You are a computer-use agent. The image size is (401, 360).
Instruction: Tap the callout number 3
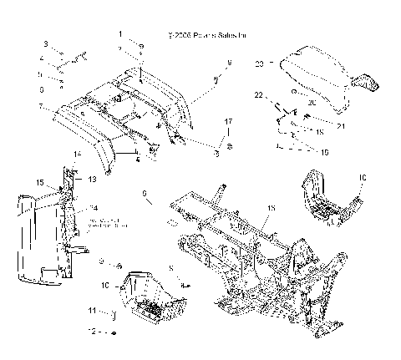[48, 43]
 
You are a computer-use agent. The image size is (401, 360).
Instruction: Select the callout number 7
[39, 106]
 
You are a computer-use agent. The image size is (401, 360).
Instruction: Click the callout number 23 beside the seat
[259, 63]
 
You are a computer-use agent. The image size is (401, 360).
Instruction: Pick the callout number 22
[259, 94]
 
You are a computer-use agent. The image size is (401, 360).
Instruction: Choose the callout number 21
[317, 125]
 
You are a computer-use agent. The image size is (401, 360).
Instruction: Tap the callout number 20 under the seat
[312, 103]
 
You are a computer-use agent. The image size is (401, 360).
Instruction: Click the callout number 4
[41, 59]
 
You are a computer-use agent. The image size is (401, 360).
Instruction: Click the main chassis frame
[251, 251]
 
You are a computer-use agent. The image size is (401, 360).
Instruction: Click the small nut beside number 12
[114, 332]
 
